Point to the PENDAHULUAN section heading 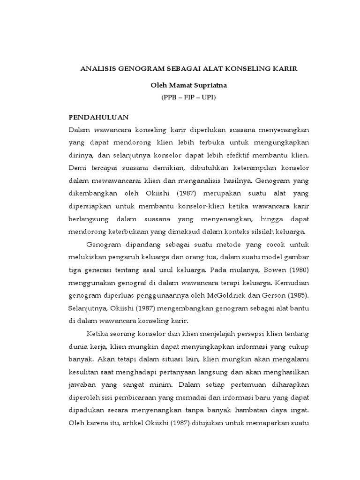pyautogui.click(x=99, y=117)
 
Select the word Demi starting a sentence pyautogui.click(x=76, y=167)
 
